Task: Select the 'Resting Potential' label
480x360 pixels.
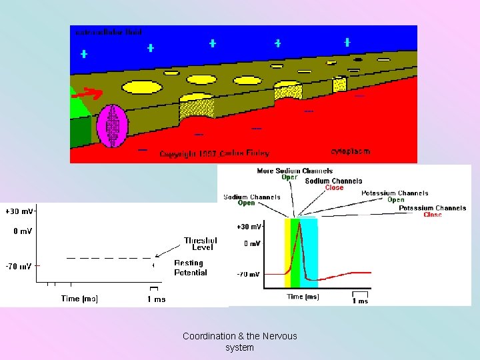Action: click(x=191, y=268)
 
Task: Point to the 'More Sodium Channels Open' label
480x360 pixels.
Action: click(x=294, y=174)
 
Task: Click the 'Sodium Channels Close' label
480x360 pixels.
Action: click(x=333, y=184)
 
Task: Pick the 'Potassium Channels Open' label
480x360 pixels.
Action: click(x=395, y=196)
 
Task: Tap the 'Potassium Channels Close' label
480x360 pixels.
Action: click(x=432, y=211)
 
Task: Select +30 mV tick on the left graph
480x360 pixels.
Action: click(x=19, y=211)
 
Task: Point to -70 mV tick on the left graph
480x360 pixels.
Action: click(x=19, y=266)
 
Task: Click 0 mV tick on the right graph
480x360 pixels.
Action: click(x=251, y=244)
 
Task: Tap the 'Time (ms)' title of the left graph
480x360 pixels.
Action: click(x=79, y=299)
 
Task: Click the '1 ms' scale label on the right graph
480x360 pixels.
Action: click(x=360, y=300)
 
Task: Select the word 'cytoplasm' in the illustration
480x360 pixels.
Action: click(x=350, y=151)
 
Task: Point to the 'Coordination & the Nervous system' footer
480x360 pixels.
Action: click(x=240, y=341)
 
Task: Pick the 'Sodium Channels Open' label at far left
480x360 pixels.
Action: click(x=251, y=200)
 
